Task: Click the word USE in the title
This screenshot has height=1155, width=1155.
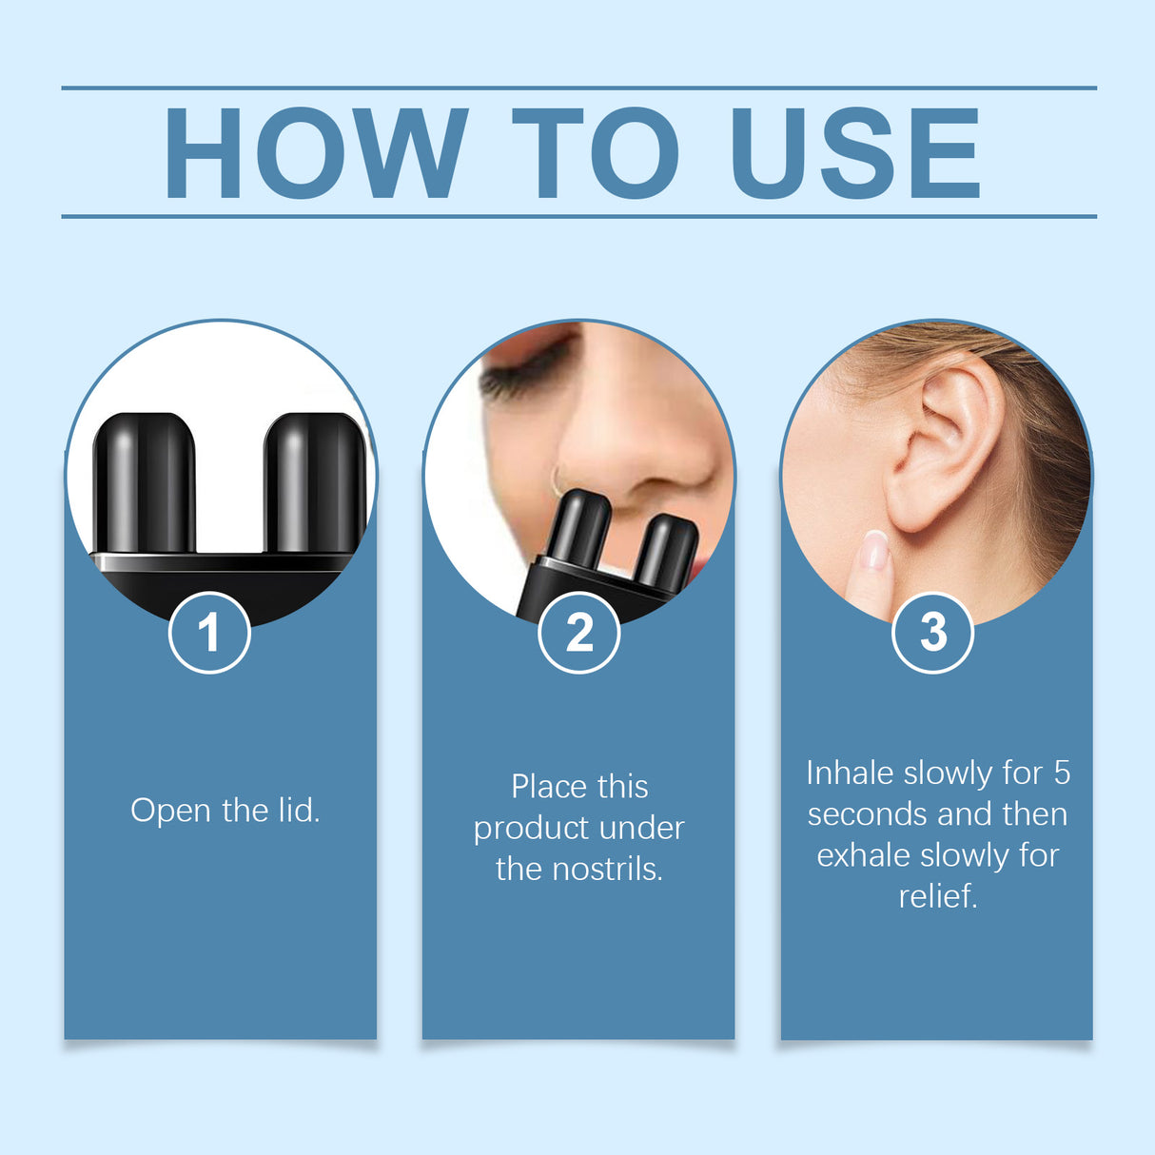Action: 853,153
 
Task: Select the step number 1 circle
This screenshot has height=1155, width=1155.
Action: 209,633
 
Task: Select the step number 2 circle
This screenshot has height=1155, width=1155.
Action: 578,633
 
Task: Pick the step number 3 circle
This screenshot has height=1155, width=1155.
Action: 933,633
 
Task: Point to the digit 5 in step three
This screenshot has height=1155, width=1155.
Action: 1061,773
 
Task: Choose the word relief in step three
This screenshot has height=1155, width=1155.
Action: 937,896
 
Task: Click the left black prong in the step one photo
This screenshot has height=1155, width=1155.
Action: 145,480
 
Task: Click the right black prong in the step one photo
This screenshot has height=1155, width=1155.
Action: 314,480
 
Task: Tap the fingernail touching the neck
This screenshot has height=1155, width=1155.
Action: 874,550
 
